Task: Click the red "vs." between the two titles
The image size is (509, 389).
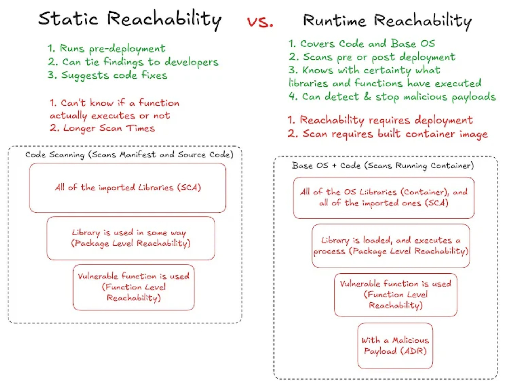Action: point(260,22)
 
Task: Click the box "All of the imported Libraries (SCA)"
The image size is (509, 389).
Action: point(128,187)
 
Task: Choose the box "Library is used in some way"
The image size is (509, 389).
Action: point(131,238)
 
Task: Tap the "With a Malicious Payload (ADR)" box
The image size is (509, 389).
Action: point(395,345)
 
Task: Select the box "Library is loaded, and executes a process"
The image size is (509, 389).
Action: point(391,245)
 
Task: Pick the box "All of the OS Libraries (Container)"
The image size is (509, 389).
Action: point(384,197)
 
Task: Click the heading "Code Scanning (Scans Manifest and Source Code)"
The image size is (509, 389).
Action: point(129,155)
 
